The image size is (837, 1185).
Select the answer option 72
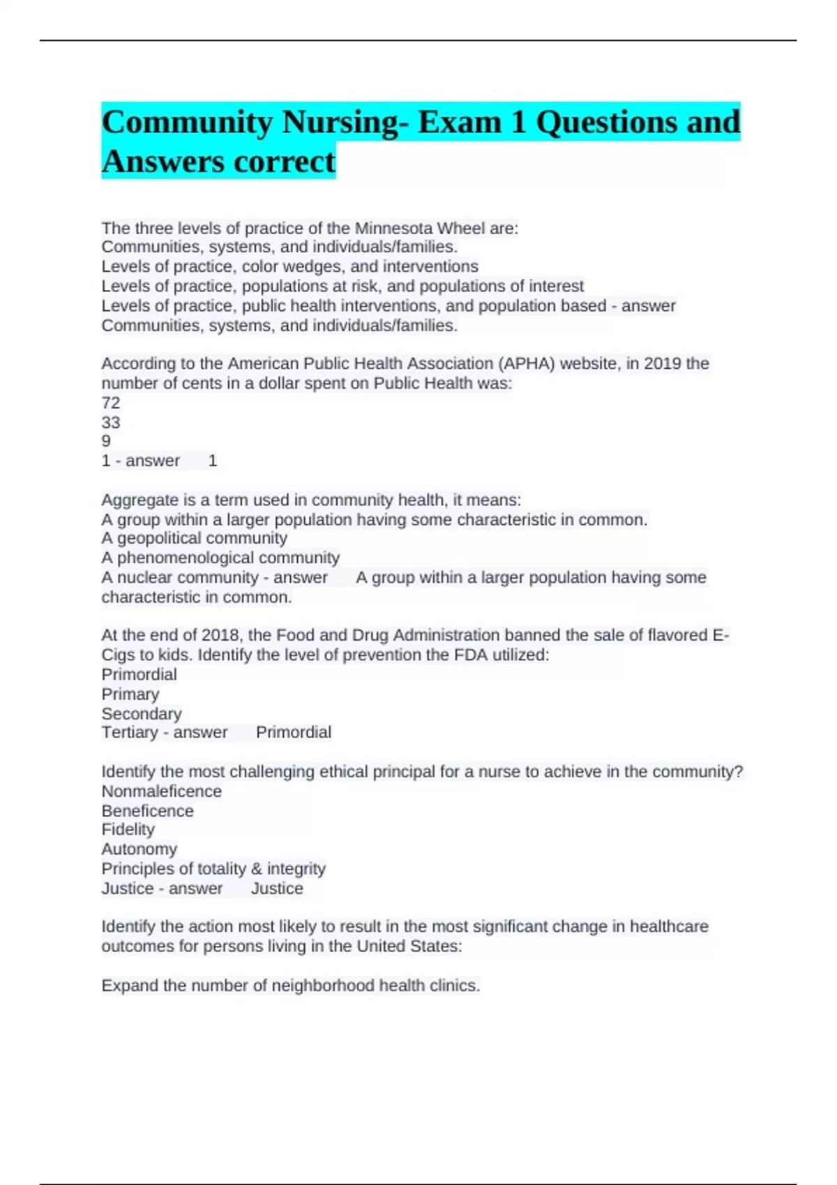click(x=111, y=403)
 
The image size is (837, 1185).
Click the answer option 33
click(x=111, y=422)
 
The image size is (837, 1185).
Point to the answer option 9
click(x=106, y=441)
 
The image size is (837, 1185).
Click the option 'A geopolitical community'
click(x=194, y=538)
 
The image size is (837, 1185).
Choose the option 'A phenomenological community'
click(x=220, y=558)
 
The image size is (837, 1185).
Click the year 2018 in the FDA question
click(x=222, y=635)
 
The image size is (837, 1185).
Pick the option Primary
click(x=130, y=694)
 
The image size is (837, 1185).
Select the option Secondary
click(x=142, y=714)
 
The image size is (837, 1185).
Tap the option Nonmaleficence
click(x=162, y=791)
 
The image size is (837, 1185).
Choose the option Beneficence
click(x=148, y=811)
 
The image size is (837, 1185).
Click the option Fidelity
click(x=128, y=829)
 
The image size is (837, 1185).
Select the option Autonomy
click(x=139, y=849)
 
